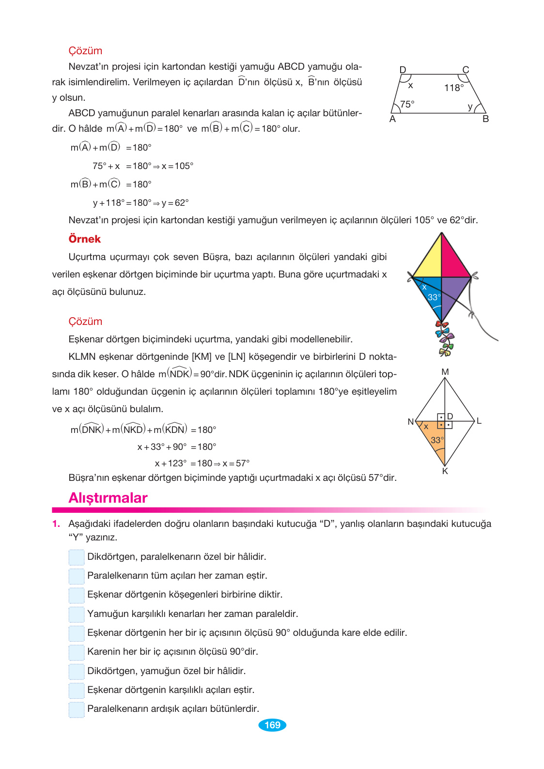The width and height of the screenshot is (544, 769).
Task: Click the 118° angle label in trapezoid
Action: (454, 88)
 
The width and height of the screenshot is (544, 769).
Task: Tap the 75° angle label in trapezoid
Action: (407, 104)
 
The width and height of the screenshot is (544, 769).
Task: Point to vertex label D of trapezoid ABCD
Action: (403, 70)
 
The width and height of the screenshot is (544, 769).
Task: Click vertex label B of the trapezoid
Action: (485, 119)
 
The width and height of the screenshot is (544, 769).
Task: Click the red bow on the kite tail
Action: (442, 325)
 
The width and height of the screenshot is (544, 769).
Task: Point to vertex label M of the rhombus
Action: (445, 372)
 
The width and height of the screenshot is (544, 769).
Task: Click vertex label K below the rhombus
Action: (445, 471)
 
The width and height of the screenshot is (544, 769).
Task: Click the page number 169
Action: (272, 725)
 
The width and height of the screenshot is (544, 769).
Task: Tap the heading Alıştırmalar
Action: (108, 498)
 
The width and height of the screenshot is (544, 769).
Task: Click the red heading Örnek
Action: (85, 239)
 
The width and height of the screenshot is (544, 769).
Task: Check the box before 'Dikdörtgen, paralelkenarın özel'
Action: (77, 557)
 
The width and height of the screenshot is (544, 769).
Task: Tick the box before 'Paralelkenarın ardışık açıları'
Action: (77, 709)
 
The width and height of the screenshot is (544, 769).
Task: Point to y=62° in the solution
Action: (175, 203)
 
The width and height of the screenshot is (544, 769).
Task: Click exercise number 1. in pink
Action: (56, 524)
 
